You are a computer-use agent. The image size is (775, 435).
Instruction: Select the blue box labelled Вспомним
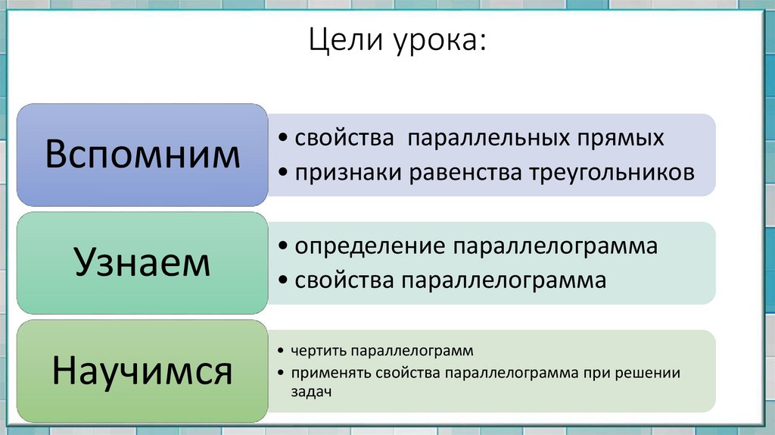pos(142,155)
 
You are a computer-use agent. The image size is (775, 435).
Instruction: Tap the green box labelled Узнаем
pos(142,263)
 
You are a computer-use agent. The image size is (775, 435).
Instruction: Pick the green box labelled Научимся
pos(142,371)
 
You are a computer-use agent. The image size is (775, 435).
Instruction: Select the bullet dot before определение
pos(282,248)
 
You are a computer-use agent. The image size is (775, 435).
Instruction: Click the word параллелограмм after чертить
pos(412,352)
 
